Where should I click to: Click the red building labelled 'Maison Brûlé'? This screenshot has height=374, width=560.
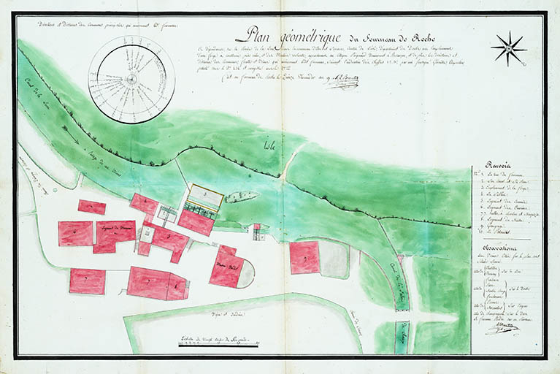coord(228,267)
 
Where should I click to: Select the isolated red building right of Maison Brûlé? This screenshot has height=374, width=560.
coord(304,257)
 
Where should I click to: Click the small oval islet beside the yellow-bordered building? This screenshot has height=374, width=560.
coord(242,196)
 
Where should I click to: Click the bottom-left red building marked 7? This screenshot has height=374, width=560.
coord(87,280)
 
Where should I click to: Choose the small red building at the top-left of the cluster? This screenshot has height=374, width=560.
coord(92,207)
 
